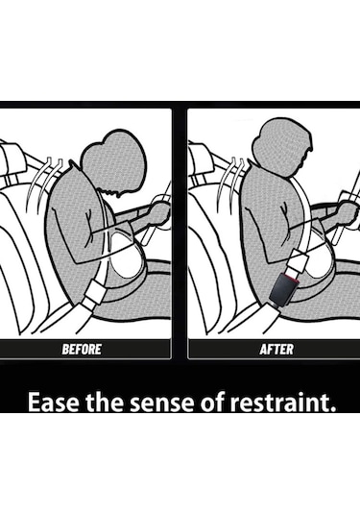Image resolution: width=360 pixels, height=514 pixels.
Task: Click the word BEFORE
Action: pos(82,349)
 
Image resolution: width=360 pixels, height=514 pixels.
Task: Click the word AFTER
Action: pos(276,349)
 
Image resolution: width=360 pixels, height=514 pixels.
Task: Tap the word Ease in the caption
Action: pos(53,402)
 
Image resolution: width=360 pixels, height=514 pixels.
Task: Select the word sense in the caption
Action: pos(162,403)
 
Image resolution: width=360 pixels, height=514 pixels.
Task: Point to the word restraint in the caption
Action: pos(282,402)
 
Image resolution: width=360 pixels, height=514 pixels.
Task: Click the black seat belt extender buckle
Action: pos(283,290)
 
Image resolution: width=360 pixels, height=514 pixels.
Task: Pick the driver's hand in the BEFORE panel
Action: pos(161,213)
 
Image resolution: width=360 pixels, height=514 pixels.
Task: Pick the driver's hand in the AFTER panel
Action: pos(348,213)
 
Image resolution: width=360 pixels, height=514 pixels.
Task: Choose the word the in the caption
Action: pos(105,402)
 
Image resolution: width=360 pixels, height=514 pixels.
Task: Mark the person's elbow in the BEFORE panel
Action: pos(79,259)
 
